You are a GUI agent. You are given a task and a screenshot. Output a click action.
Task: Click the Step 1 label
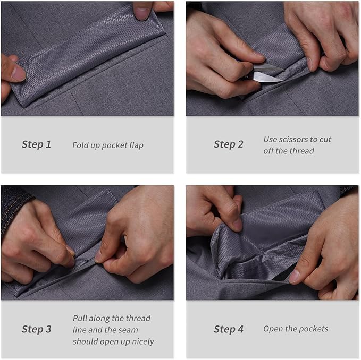36,144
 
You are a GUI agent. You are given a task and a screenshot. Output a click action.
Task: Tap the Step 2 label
229,144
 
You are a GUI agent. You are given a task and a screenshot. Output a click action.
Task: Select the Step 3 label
36,329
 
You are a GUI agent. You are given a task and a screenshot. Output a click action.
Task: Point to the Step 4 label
229,329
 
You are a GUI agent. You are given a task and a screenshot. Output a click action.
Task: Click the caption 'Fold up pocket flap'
107,145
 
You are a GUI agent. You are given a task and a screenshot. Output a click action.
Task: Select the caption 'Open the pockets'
296,329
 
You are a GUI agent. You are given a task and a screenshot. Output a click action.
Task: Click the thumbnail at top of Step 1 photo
142,12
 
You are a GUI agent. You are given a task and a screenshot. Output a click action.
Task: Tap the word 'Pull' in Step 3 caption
80,318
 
